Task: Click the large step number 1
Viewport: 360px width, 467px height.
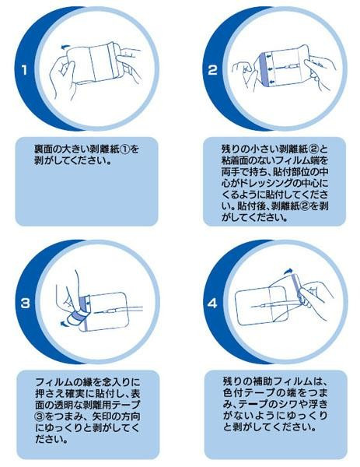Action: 24,70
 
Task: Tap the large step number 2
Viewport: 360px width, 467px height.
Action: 212,70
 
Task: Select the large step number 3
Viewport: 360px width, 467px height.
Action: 26,304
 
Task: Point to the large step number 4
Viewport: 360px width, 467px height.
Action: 213,304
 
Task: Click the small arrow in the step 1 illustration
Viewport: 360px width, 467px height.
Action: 65,47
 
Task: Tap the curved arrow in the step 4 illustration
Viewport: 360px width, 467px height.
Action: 288,271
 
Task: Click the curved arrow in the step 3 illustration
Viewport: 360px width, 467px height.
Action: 64,323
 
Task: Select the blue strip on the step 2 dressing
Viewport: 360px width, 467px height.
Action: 264,68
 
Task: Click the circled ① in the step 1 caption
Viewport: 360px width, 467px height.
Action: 126,149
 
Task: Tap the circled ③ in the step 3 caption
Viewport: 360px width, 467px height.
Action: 40,416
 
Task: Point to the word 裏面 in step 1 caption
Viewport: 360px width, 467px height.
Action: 45,149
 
